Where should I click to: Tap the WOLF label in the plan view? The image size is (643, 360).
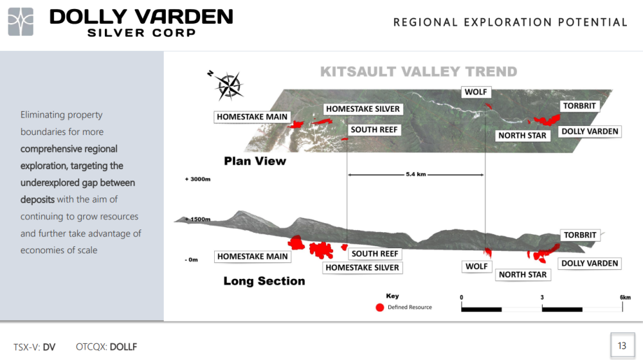[x=476, y=92]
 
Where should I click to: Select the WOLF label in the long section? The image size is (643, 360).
[x=476, y=267]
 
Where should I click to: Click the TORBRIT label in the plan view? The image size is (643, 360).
[x=579, y=106]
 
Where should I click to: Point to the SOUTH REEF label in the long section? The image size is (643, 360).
[x=375, y=254]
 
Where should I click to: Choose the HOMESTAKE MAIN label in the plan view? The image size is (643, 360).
[x=252, y=117]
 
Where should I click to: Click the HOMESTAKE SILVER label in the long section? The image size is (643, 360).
[x=363, y=267]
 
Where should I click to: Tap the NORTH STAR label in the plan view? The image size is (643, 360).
[x=522, y=136]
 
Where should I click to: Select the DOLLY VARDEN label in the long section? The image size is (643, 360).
[x=590, y=263]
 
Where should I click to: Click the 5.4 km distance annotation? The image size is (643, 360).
[x=416, y=174]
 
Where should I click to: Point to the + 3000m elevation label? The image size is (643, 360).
[x=197, y=179]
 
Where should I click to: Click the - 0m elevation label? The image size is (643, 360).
[x=191, y=260]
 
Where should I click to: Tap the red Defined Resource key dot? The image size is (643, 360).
[x=380, y=307]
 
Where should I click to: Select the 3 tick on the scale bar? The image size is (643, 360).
[x=542, y=297]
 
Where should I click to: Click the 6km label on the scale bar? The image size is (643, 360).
[x=625, y=297]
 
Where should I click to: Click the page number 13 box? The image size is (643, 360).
[x=622, y=346]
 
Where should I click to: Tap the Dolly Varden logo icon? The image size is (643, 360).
[x=21, y=22]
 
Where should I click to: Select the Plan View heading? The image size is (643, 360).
[x=255, y=161]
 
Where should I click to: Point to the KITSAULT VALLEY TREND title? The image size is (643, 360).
[x=419, y=72]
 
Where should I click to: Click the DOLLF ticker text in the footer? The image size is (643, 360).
[x=123, y=347]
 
